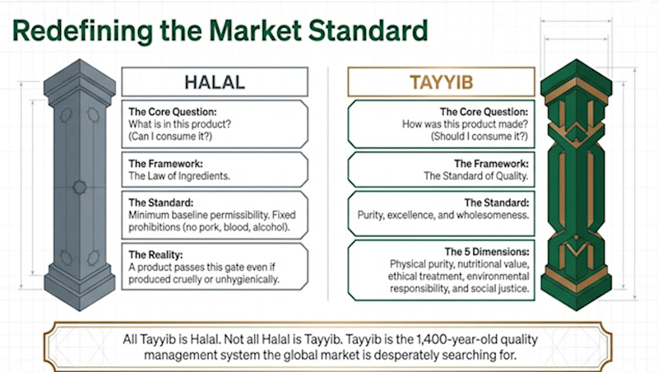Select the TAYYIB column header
pos(438,82)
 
